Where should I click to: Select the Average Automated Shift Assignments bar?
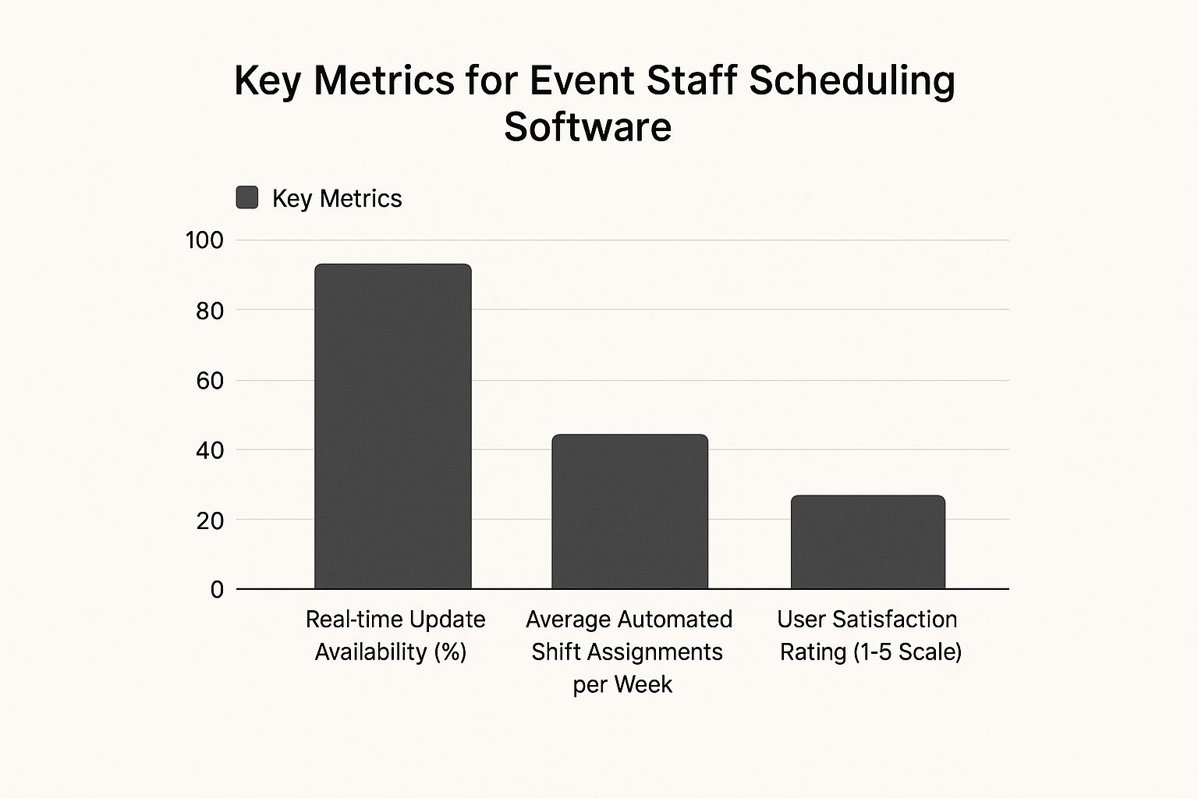(630, 511)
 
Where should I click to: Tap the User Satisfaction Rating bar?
(868, 542)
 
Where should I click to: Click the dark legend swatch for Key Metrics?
(247, 197)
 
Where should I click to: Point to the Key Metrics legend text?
(337, 198)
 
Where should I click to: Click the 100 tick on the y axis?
(204, 240)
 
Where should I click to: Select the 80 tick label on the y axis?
(210, 311)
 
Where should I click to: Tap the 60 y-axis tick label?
(210, 381)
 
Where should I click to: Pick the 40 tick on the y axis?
(210, 450)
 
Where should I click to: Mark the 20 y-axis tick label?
(210, 520)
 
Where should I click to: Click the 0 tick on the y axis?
(217, 590)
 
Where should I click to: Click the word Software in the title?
(587, 126)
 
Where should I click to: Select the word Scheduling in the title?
(852, 81)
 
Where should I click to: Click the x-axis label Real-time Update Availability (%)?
(395, 635)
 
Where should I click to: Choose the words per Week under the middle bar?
(622, 684)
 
